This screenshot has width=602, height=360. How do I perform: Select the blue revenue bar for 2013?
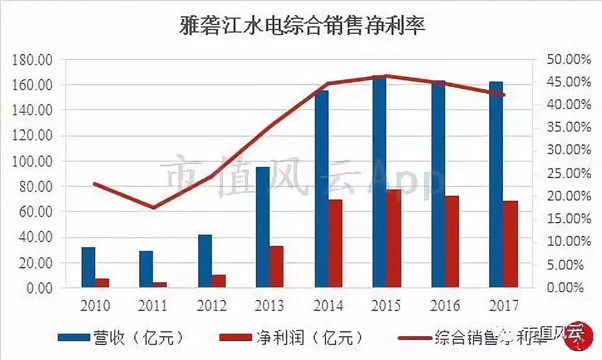click(x=263, y=228)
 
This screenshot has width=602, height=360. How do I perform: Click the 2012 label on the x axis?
click(x=211, y=306)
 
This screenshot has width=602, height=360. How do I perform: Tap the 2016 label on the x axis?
click(x=445, y=306)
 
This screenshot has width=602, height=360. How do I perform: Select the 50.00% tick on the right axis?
click(x=569, y=60)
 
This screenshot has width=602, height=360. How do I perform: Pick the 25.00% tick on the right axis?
click(x=569, y=174)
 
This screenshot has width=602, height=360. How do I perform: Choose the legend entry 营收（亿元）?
click(x=120, y=337)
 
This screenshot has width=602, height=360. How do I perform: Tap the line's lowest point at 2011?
click(x=153, y=208)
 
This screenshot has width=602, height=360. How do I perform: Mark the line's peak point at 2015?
click(x=386, y=76)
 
